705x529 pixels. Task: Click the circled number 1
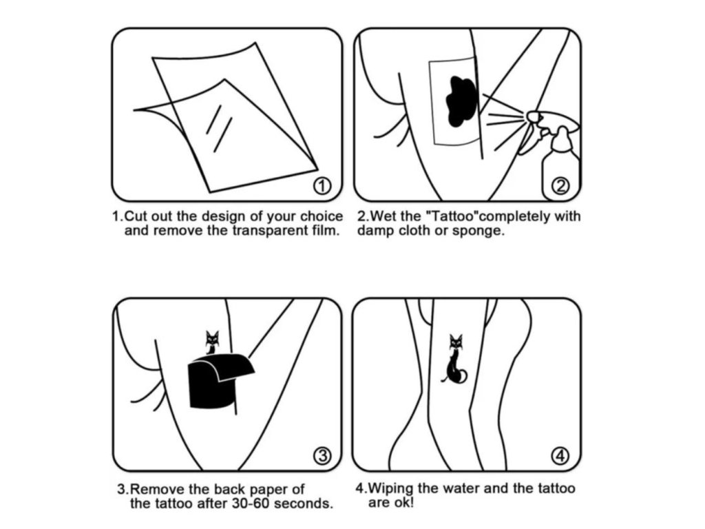322,186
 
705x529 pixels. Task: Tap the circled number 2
560,186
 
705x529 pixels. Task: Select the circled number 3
322,456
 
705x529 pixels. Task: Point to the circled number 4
560,456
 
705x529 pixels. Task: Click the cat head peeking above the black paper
212,338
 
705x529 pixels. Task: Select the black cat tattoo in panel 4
455,360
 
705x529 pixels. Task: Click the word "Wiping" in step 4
391,489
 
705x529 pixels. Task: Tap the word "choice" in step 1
321,216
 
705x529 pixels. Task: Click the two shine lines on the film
219,127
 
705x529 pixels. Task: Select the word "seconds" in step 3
304,504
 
